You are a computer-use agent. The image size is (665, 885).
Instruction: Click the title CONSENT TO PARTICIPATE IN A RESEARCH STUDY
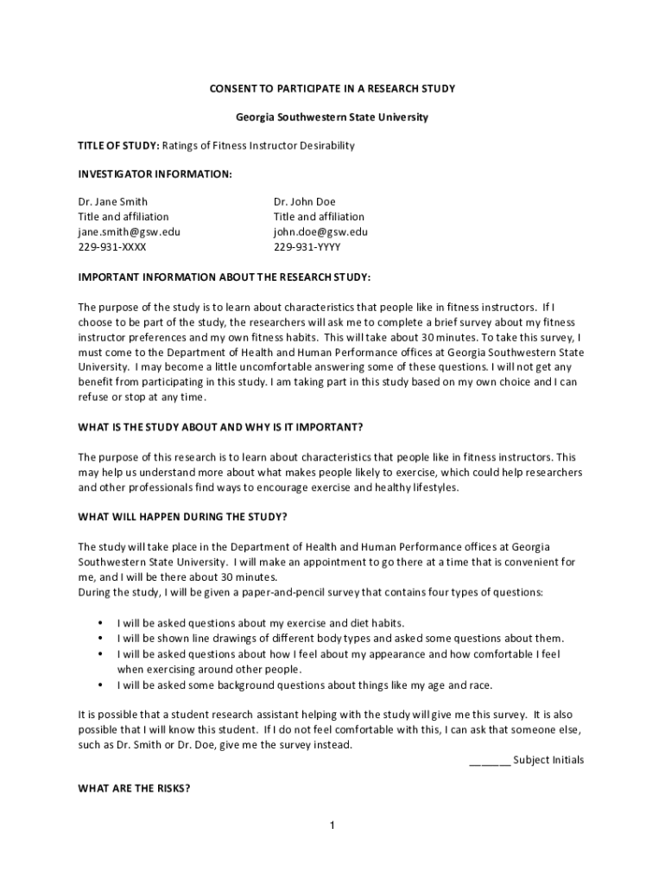tap(332, 89)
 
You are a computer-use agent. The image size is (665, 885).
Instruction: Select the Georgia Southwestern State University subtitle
tap(332, 118)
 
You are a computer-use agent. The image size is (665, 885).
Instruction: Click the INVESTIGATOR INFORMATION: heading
tap(155, 174)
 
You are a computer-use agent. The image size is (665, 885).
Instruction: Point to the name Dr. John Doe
tap(305, 202)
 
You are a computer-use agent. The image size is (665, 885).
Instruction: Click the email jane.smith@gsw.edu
tap(130, 232)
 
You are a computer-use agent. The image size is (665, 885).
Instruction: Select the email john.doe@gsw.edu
tap(320, 232)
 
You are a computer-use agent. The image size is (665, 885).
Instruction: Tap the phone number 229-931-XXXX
tap(112, 246)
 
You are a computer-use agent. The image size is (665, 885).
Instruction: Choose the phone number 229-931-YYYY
tap(307, 246)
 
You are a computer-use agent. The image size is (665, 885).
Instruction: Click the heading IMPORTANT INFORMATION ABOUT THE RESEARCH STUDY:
tap(225, 277)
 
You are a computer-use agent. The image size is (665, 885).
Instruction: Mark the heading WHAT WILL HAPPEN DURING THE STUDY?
tap(182, 518)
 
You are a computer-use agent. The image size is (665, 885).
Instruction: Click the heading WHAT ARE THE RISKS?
tap(134, 788)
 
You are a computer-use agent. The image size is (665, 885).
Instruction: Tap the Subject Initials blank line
tap(489, 761)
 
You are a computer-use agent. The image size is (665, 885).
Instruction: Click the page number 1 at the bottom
tap(332, 825)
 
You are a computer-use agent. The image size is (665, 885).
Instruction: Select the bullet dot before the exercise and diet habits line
tap(101, 623)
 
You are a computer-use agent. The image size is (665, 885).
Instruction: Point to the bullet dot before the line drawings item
tap(101, 639)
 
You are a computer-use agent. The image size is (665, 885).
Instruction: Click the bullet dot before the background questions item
tap(101, 685)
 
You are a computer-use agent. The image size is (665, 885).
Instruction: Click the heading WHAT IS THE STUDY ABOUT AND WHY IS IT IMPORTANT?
tap(220, 427)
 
